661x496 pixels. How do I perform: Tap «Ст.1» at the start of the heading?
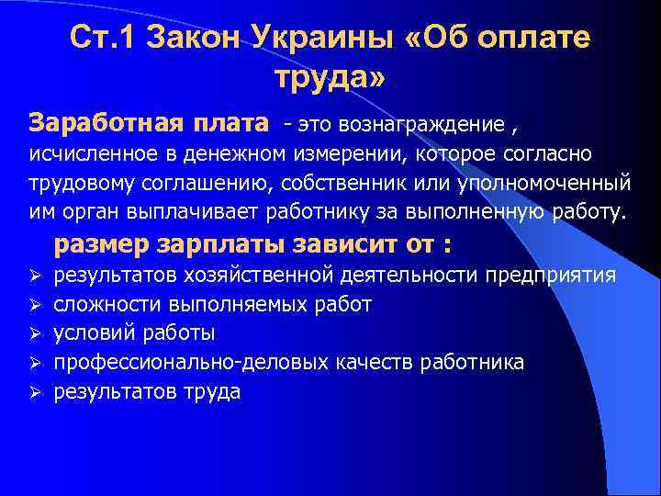(x=100, y=39)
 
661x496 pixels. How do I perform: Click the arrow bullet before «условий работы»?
(x=36, y=333)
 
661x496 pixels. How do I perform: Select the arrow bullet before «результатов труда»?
(x=36, y=392)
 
